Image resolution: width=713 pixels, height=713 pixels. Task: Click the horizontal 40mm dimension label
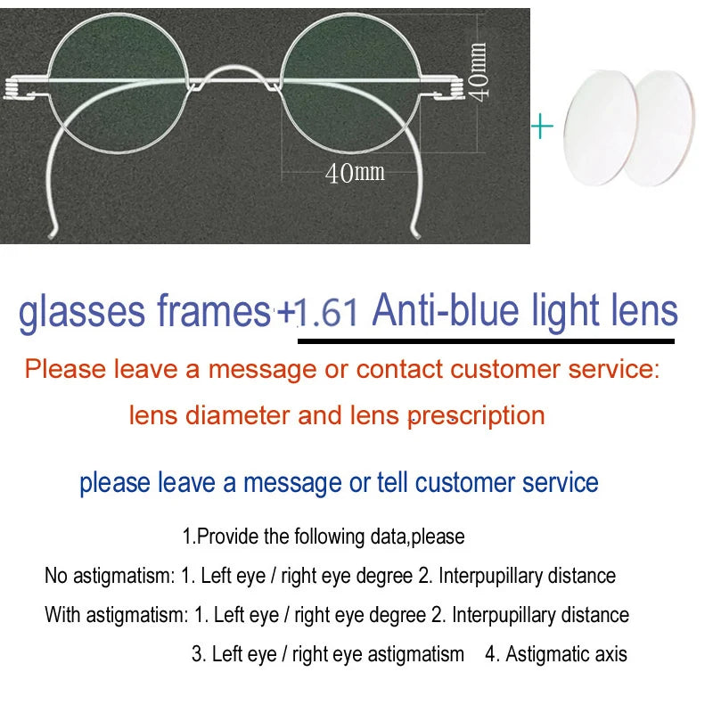click(355, 171)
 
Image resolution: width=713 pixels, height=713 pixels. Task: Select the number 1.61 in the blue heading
click(327, 313)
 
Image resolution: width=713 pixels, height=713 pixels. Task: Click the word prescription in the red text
click(478, 415)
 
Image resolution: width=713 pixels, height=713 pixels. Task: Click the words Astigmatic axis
click(566, 654)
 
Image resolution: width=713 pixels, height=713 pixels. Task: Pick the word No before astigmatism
click(55, 576)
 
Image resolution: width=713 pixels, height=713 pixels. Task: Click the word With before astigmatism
click(61, 615)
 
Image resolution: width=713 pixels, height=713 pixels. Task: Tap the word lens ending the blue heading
click(645, 311)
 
